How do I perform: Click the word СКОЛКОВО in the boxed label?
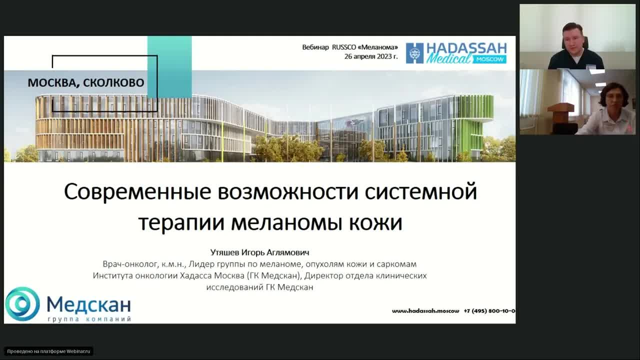(113, 82)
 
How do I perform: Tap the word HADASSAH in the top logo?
(466, 48)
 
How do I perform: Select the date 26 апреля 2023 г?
(370, 56)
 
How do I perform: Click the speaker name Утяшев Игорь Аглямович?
(259, 252)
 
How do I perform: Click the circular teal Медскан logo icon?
(22, 303)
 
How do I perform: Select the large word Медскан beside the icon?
(88, 303)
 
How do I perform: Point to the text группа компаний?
(89, 319)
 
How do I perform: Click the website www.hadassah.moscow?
(425, 310)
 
